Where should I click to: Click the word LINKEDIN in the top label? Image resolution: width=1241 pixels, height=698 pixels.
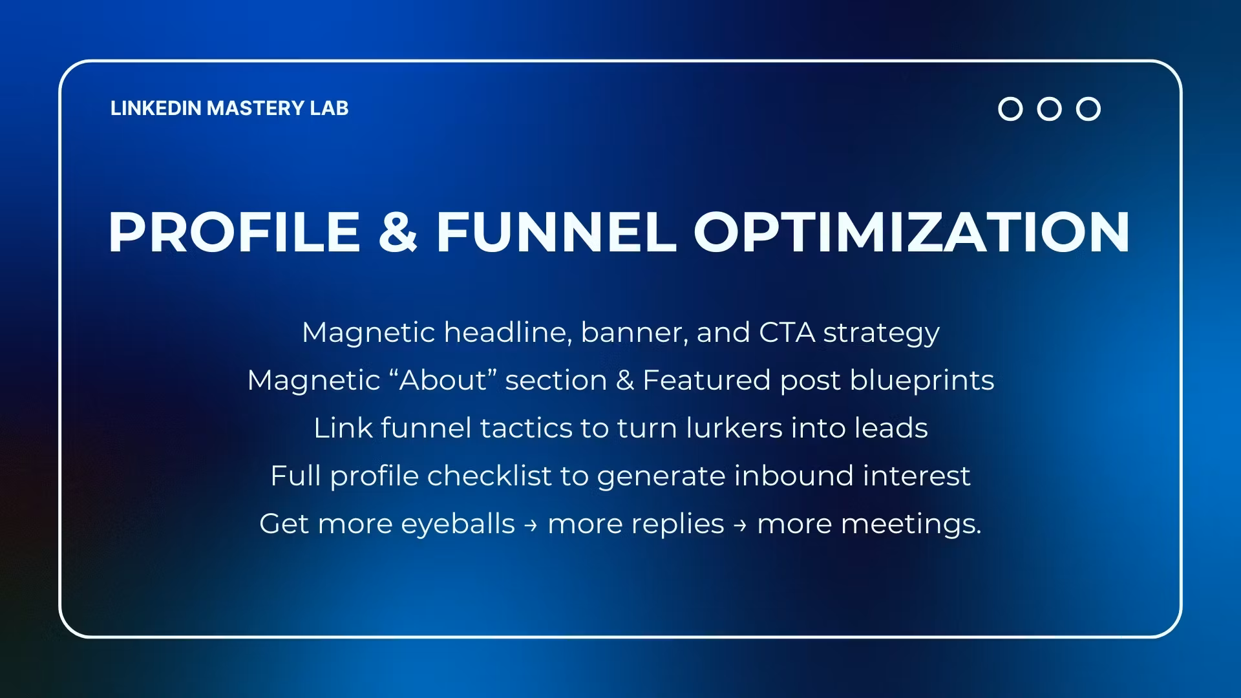tap(156, 108)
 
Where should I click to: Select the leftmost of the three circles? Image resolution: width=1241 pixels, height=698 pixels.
tap(1010, 109)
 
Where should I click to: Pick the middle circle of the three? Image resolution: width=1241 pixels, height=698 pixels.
tap(1049, 109)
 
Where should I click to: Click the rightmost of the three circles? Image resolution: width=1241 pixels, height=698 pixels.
tap(1088, 109)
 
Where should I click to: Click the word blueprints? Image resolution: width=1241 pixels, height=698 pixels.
tap(922, 380)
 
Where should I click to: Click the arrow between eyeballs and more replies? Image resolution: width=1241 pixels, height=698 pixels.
tap(531, 525)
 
